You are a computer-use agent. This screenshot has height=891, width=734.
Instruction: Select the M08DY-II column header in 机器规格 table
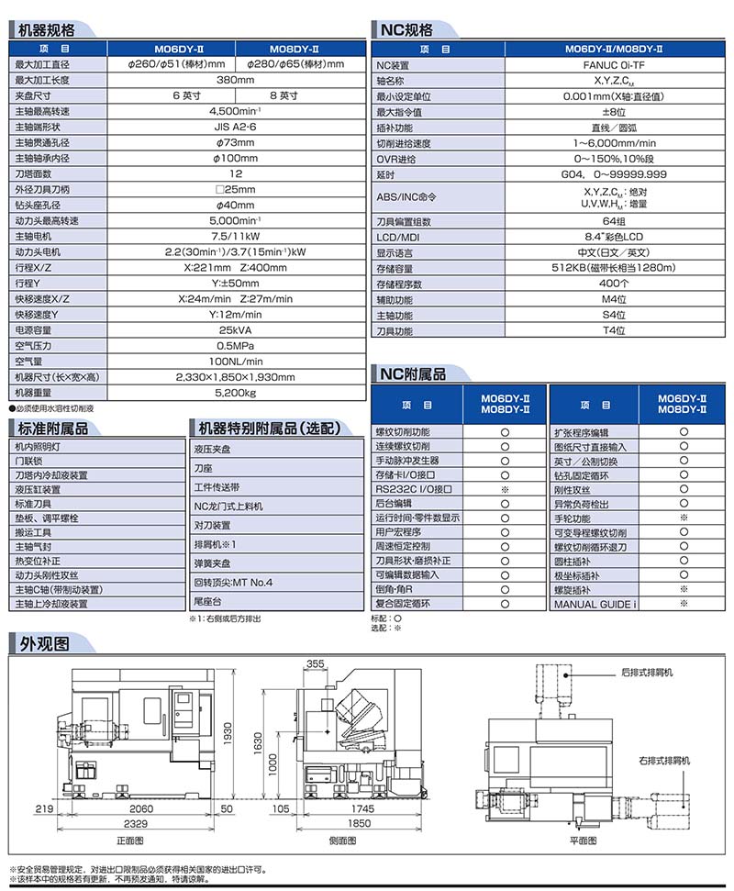pos(295,49)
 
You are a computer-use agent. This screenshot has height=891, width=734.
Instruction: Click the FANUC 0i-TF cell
pos(614,65)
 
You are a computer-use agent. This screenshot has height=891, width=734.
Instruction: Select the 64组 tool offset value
pos(614,221)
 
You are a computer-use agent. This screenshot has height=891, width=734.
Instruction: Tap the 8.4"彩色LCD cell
pos(614,237)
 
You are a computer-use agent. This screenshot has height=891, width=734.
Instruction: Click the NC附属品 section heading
pos(413,373)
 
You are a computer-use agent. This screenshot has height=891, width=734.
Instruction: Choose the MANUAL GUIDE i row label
pos(595,605)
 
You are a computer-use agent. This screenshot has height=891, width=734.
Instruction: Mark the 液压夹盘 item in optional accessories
pos(212,449)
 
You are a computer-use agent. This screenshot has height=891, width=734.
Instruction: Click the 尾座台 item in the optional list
pos(207,603)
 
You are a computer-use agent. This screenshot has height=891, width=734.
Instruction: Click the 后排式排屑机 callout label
pos(646,673)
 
